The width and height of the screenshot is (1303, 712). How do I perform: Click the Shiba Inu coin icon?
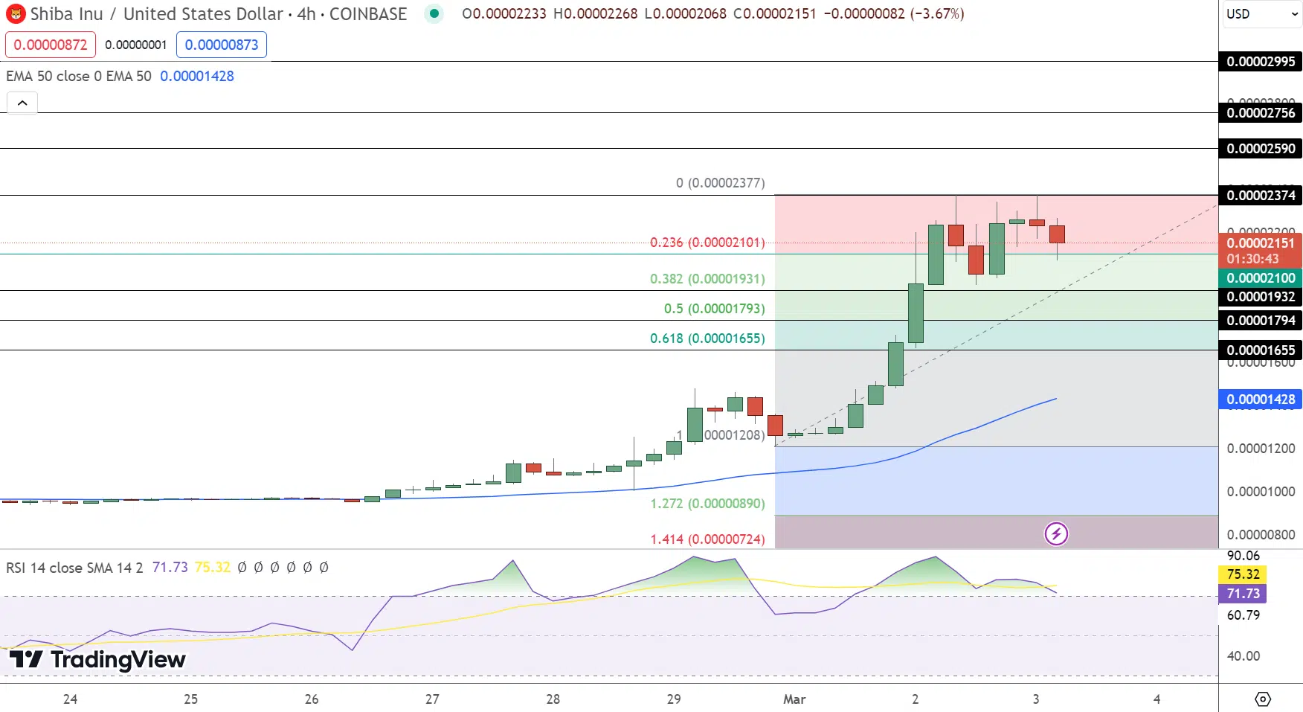(x=16, y=14)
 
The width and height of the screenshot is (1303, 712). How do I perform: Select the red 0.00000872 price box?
(x=51, y=45)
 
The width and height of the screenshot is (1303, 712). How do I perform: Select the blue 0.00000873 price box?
(x=222, y=45)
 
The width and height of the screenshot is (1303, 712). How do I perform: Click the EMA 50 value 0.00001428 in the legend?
(x=197, y=76)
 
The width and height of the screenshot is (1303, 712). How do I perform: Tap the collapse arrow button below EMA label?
(x=22, y=103)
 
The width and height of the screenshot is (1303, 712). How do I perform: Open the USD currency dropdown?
(x=1261, y=14)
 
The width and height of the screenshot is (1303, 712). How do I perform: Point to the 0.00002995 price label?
(x=1261, y=62)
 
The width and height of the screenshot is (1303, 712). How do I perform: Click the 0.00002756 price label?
(x=1261, y=113)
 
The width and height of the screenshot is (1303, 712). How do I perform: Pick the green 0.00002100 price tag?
(x=1261, y=278)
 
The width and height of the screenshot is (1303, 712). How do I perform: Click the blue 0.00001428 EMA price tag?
(x=1261, y=400)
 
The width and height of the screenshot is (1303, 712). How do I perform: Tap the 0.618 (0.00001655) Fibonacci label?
(x=707, y=339)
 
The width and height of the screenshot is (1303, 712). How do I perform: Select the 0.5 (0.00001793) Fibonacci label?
(x=714, y=309)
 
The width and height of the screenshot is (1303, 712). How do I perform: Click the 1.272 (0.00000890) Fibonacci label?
(x=707, y=504)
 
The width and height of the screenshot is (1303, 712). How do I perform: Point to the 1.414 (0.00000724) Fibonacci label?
(x=707, y=539)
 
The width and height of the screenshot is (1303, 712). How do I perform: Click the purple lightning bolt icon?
(x=1056, y=533)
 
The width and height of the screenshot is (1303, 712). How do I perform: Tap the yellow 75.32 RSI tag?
(x=1243, y=574)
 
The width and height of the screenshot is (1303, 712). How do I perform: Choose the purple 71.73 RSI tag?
(x=1243, y=594)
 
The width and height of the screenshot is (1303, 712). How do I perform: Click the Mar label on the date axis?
(x=794, y=699)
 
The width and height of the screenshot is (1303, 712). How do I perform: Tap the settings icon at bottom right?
(x=1262, y=699)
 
